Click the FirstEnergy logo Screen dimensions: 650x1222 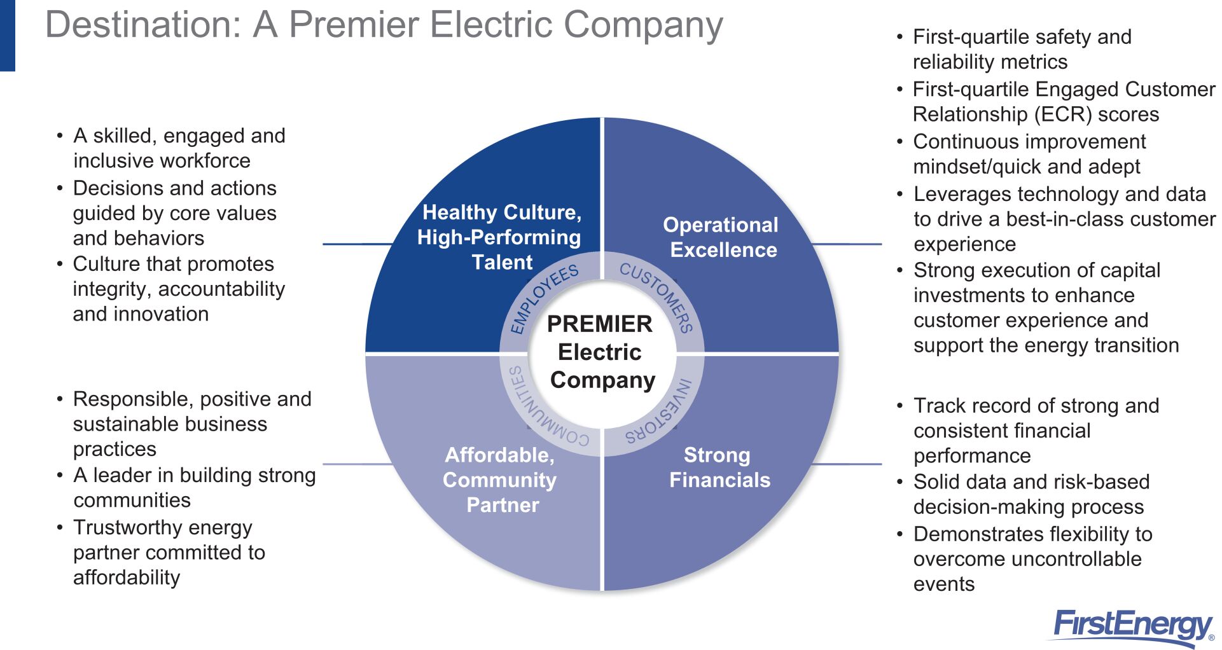coord(1132,626)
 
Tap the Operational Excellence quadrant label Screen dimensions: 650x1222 coord(721,237)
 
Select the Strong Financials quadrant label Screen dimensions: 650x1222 coord(719,467)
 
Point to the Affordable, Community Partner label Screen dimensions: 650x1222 coord(500,480)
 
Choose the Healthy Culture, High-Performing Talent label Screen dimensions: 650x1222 coord(500,237)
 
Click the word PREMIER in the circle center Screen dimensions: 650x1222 coord(599,324)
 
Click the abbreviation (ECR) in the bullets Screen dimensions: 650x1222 coord(1063,115)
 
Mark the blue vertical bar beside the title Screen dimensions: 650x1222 coord(7,35)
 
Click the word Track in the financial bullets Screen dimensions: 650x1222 coord(938,406)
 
